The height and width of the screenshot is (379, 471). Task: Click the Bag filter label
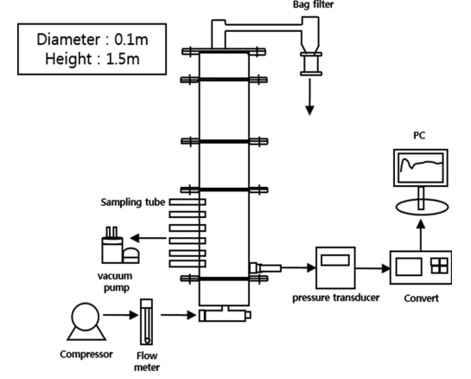click(x=314, y=4)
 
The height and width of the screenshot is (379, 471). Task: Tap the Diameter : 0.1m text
click(x=92, y=40)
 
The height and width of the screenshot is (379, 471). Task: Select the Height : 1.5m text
click(x=92, y=59)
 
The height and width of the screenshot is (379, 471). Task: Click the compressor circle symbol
click(x=86, y=317)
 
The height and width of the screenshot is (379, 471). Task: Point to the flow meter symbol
click(x=147, y=322)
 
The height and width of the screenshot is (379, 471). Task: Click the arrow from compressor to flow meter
click(x=121, y=315)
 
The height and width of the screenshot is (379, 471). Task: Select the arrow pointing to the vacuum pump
click(x=149, y=238)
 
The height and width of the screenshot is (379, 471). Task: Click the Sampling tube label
click(x=133, y=202)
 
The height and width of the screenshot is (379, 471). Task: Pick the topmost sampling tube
click(x=188, y=202)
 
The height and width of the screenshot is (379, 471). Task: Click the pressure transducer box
click(x=335, y=267)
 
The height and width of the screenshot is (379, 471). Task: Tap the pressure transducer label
click(x=336, y=298)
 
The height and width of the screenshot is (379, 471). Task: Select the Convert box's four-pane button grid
click(x=440, y=266)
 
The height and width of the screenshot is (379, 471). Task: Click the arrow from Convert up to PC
click(x=421, y=234)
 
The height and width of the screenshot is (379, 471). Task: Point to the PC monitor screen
click(x=421, y=167)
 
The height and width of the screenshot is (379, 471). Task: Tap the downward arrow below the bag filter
click(x=309, y=97)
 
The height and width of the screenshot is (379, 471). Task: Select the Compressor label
click(x=86, y=354)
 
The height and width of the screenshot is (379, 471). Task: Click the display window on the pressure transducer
click(x=335, y=260)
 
